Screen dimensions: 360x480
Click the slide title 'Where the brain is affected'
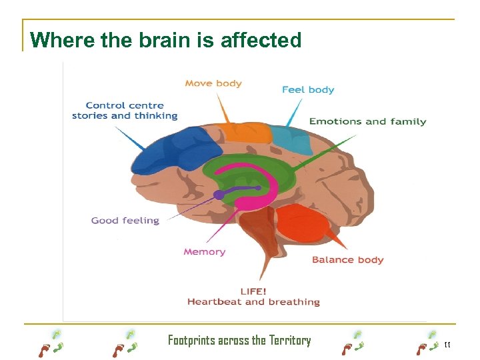[x=166, y=40]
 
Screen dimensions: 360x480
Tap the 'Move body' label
[x=213, y=83]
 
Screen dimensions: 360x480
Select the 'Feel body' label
[x=308, y=89]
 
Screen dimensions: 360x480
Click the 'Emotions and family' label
[x=367, y=121]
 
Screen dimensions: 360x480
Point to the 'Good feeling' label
[x=125, y=221]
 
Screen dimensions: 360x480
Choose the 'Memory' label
[x=205, y=252]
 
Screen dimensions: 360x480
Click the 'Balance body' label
[x=348, y=259]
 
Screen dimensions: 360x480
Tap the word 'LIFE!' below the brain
[x=253, y=291]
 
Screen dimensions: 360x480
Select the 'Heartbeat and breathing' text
[x=253, y=302]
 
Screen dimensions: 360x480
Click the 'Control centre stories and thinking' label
[x=125, y=111]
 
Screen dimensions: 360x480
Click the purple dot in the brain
[x=219, y=195]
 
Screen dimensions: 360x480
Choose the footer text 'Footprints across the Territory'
[x=239, y=341]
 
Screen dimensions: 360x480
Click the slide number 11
[x=447, y=345]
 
